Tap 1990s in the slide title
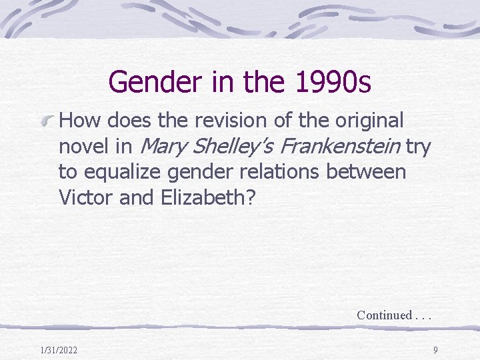[x=331, y=82]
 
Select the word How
[x=79, y=121]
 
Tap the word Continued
[x=383, y=315]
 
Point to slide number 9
[x=435, y=350]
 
